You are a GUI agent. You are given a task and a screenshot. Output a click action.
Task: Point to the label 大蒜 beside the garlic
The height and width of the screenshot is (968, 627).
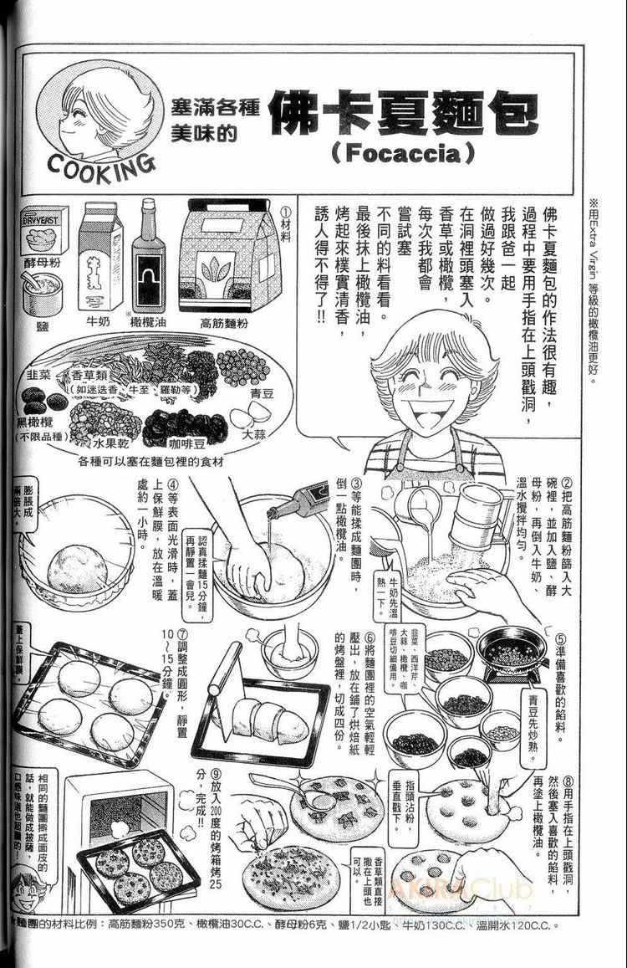[254, 435]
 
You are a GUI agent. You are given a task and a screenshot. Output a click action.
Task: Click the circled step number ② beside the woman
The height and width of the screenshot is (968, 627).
[565, 483]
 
